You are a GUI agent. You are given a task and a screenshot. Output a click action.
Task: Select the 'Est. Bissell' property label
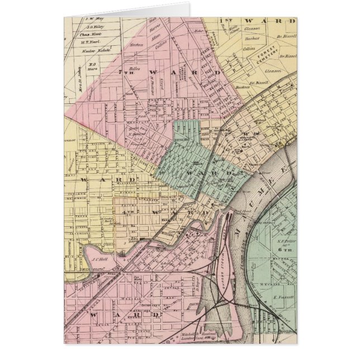[259, 82]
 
